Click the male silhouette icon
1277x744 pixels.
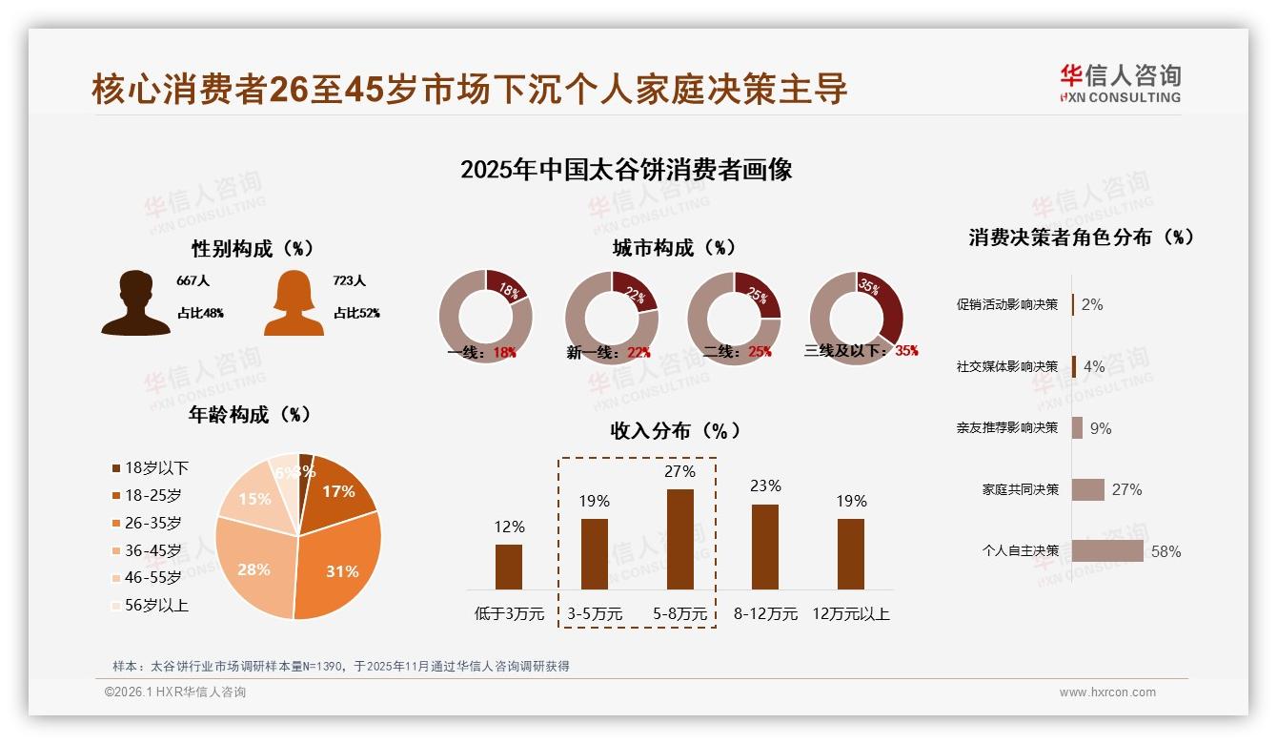[136, 302]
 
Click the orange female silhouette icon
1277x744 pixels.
[294, 303]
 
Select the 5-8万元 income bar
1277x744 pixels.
[679, 539]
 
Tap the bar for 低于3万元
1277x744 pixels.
[509, 567]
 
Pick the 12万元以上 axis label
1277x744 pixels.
[851, 614]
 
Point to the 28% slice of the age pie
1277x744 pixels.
[253, 563]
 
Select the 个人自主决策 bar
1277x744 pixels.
[1107, 551]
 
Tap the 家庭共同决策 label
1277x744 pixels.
[1021, 489]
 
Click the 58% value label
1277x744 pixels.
[1166, 551]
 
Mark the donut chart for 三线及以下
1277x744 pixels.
[856, 317]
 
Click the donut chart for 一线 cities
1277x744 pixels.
[485, 317]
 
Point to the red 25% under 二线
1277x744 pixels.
[760, 352]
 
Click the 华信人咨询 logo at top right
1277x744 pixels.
[1120, 83]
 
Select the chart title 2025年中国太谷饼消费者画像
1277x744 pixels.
[626, 171]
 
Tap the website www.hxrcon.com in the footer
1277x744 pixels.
[1107, 692]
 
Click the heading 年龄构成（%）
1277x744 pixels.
[251, 415]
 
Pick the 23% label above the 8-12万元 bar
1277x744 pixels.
[765, 486]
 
